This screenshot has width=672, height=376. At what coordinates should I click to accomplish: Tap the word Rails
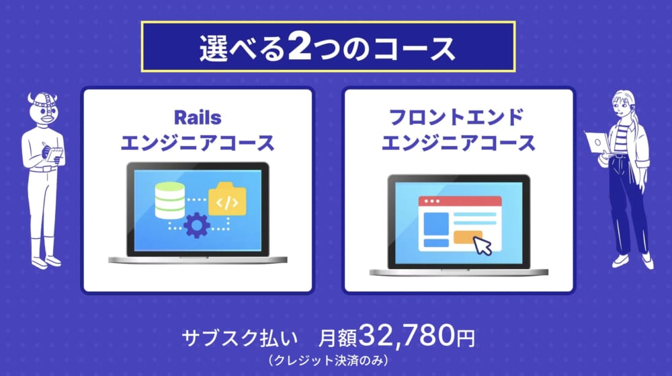(x=197, y=118)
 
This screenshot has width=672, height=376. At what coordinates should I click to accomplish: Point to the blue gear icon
(x=197, y=225)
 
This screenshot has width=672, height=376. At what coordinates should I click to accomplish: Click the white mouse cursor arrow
(x=482, y=246)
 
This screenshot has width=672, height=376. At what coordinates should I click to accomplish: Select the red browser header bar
(x=460, y=201)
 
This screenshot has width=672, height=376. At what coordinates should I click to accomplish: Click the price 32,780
(x=407, y=335)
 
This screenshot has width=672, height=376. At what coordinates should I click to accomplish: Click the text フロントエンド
(x=456, y=118)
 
